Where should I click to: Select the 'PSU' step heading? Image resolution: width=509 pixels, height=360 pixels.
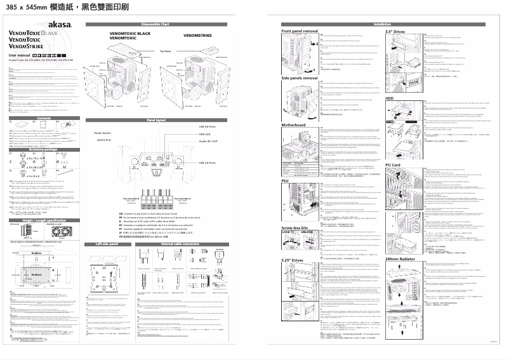[286, 163]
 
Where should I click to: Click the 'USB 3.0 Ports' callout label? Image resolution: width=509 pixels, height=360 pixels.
[206, 126]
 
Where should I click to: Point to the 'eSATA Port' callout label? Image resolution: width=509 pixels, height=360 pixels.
[103, 139]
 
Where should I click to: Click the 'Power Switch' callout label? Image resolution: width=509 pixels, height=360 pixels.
[103, 133]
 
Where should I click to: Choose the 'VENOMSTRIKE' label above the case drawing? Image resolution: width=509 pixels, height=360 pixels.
[197, 37]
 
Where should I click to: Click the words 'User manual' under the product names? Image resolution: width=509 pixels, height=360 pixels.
[23, 55]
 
